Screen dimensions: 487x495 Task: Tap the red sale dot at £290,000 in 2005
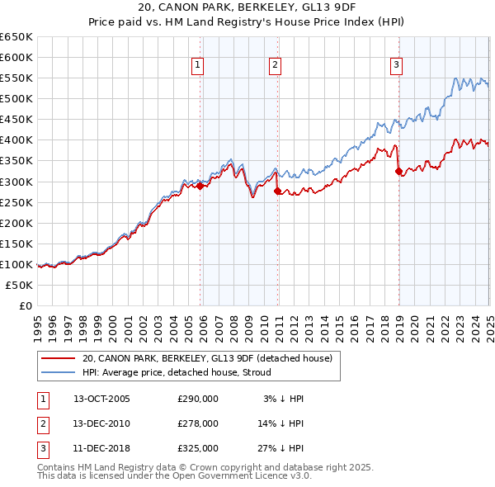tap(200, 186)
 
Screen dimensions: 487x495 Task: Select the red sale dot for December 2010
tap(276, 191)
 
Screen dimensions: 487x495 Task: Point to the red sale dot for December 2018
tap(398, 171)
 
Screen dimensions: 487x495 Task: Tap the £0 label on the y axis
tap(25, 305)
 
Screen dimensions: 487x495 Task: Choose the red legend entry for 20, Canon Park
tap(206, 358)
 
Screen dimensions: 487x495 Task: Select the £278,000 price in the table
tap(198, 423)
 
